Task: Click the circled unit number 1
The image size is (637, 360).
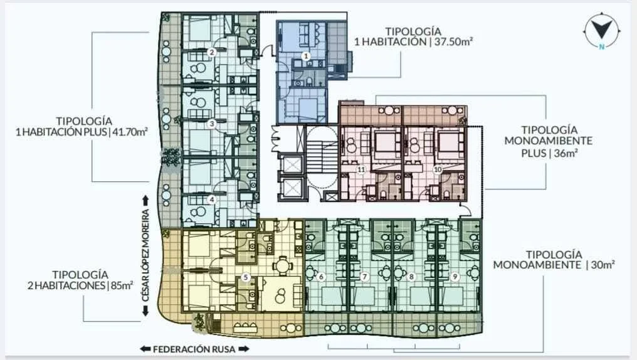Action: pyautogui.click(x=307, y=56)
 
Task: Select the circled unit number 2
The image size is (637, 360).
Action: pyautogui.click(x=211, y=52)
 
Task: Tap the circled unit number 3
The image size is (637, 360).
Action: pyautogui.click(x=211, y=124)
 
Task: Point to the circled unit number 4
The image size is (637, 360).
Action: pyautogui.click(x=211, y=199)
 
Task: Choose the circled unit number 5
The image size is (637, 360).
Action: pyautogui.click(x=245, y=277)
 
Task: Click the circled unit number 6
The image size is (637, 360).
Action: pyautogui.click(x=321, y=277)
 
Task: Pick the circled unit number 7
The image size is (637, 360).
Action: pyautogui.click(x=364, y=277)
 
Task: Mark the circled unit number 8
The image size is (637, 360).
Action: pyautogui.click(x=411, y=277)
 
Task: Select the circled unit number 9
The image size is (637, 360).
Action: pyautogui.click(x=455, y=277)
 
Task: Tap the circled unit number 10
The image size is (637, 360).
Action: pyautogui.click(x=438, y=169)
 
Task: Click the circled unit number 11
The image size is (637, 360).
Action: pyautogui.click(x=361, y=169)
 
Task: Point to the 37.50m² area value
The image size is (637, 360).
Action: pyautogui.click(x=453, y=42)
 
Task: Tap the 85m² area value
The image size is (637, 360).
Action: pyautogui.click(x=121, y=285)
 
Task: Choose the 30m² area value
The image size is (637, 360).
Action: pyautogui.click(x=603, y=265)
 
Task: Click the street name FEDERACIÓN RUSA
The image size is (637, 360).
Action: pyautogui.click(x=194, y=349)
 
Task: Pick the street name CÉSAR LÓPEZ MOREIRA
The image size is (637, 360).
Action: pyautogui.click(x=145, y=256)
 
